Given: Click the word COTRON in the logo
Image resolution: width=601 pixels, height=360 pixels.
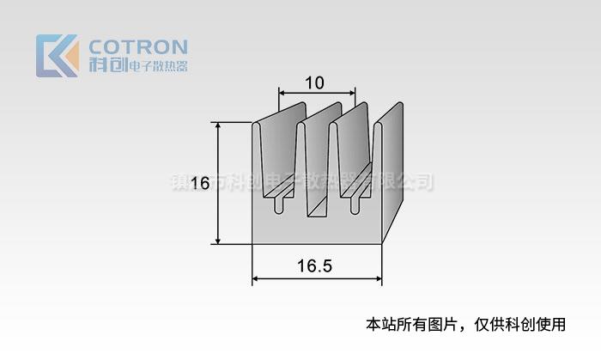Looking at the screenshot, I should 137,46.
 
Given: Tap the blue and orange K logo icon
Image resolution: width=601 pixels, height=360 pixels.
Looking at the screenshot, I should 57,56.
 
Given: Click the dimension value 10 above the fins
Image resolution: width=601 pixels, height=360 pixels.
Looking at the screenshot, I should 314,82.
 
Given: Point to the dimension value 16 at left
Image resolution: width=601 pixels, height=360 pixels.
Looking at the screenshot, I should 200,183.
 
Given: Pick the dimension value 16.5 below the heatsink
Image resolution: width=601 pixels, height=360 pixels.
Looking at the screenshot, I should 315,266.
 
